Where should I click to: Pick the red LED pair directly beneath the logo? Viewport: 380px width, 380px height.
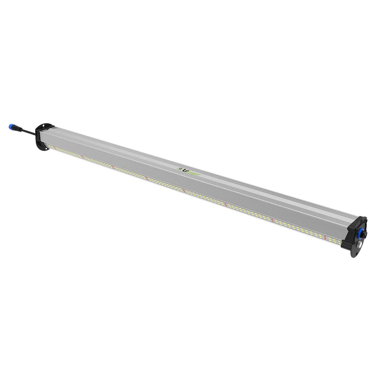click(184, 191)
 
